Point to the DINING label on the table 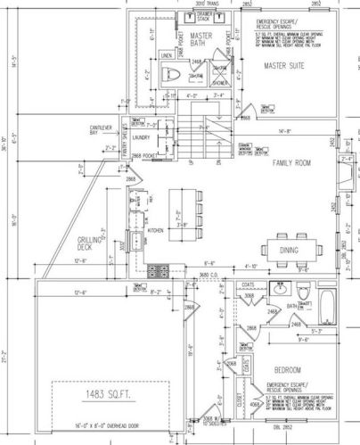(289, 251)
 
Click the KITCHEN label (155, 229)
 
